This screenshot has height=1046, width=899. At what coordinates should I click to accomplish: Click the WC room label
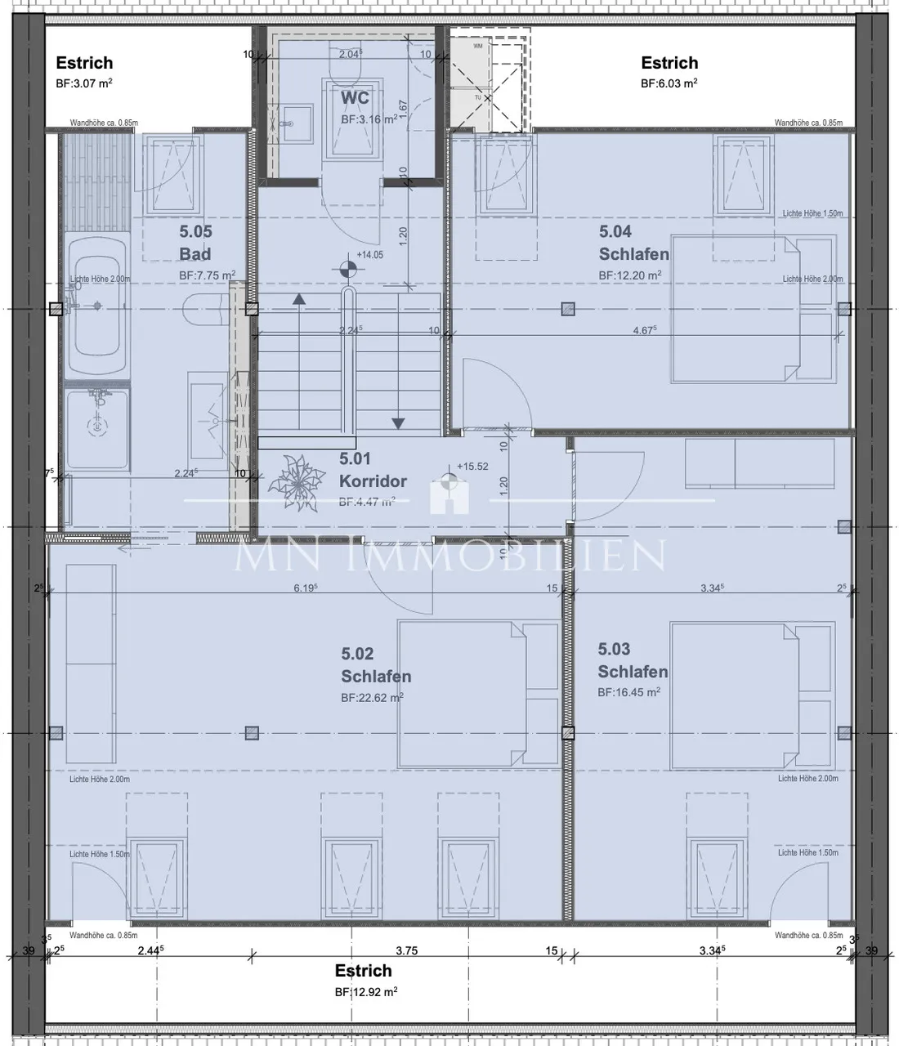[x=355, y=98]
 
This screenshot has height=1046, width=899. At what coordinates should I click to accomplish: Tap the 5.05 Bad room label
[x=195, y=243]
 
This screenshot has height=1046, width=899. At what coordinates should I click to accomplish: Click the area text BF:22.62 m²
[x=372, y=698]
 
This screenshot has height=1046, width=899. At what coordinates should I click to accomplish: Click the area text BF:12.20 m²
[x=629, y=275]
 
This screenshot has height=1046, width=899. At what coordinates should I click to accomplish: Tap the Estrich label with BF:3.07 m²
[x=84, y=63]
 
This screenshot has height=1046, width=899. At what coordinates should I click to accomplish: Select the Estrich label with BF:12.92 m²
[x=363, y=971]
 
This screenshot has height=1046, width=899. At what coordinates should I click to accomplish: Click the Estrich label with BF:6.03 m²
[x=669, y=63]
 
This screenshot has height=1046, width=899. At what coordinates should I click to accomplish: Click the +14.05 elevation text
[x=369, y=255]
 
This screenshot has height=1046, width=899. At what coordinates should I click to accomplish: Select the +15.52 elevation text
[x=472, y=467]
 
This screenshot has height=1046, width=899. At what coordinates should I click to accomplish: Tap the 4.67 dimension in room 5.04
[x=645, y=330]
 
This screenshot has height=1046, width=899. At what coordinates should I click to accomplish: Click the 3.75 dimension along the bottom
[x=406, y=950]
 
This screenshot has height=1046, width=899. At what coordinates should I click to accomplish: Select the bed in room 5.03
[x=752, y=695]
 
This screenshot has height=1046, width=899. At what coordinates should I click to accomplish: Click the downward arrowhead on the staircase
[x=398, y=423]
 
